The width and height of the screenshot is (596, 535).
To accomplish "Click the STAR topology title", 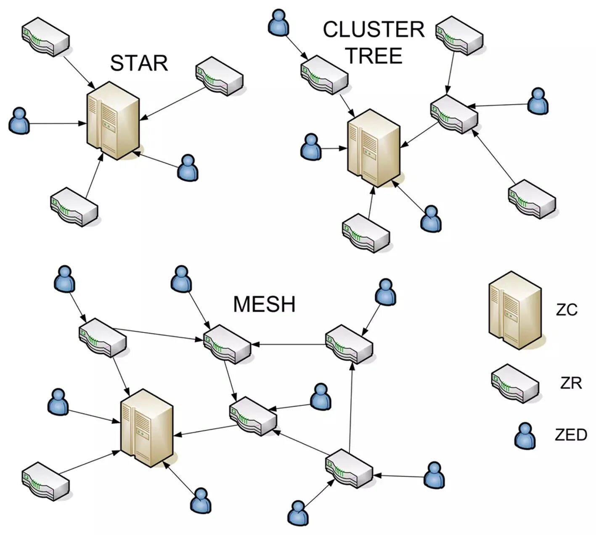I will [139, 63].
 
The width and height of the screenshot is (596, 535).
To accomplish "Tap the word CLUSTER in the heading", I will [373, 30].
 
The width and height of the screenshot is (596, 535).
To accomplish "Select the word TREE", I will [373, 56].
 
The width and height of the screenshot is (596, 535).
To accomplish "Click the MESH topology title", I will [264, 304].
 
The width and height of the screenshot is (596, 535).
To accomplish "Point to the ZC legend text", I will [567, 310].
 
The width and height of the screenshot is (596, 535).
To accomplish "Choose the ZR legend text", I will [571, 383].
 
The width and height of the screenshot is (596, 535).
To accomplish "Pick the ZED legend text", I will [571, 434].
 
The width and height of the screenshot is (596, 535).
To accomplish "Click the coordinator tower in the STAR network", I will [113, 120].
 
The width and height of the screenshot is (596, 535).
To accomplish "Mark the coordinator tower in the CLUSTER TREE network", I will [373, 147].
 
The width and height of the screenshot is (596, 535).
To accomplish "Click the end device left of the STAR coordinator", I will [19, 121].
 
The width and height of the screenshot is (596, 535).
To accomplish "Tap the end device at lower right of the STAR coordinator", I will [188, 168].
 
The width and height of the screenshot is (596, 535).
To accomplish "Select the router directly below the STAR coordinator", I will [74, 207].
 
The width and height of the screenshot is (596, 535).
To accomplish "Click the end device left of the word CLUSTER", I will [278, 22].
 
